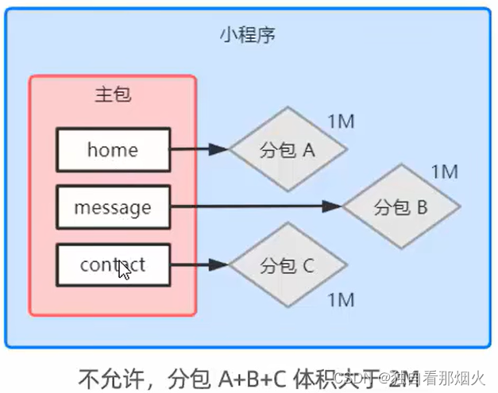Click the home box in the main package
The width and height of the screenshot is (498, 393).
(113, 149)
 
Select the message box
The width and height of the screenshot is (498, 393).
(113, 207)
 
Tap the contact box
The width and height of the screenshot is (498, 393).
(113, 265)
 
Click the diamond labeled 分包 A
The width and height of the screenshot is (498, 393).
(288, 149)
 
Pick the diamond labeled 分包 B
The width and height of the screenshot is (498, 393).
(401, 207)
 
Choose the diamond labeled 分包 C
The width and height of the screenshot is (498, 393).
(288, 265)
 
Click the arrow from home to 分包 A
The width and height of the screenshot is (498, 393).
(199, 148)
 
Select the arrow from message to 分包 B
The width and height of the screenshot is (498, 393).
(254, 206)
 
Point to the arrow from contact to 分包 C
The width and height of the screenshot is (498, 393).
(199, 265)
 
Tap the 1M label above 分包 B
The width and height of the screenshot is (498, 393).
(445, 171)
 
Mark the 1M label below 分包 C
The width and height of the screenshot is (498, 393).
(340, 299)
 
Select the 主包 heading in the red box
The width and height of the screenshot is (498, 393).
(112, 95)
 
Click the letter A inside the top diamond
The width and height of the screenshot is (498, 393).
(310, 149)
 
